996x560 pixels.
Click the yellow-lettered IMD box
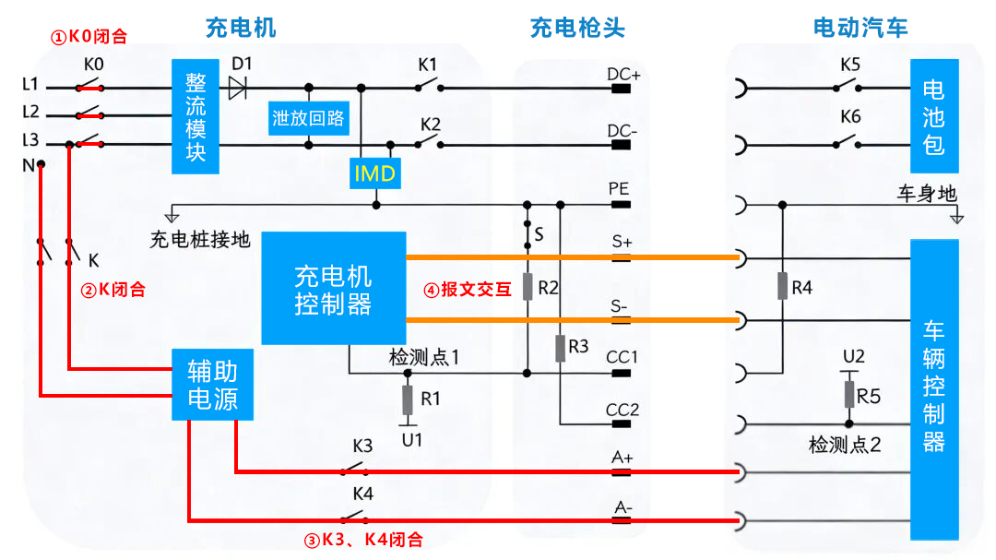pos(374,173)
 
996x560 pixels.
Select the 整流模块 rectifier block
pos(196,117)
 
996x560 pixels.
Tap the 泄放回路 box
pos(308,118)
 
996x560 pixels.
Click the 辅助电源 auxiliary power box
pos(212,385)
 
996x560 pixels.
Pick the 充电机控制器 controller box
pos(333,289)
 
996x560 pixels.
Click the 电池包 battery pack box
pos(933,116)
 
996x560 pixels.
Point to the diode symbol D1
pos(238,88)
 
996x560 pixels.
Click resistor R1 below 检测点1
pos(408,400)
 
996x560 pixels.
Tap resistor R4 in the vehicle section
pos(782,286)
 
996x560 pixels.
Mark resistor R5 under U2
pos(849,394)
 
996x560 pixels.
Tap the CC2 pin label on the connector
pos(622,410)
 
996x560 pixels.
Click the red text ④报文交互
pos(468,289)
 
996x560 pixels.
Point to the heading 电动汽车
pos(860,28)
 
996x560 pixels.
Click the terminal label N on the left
pos(27,164)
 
